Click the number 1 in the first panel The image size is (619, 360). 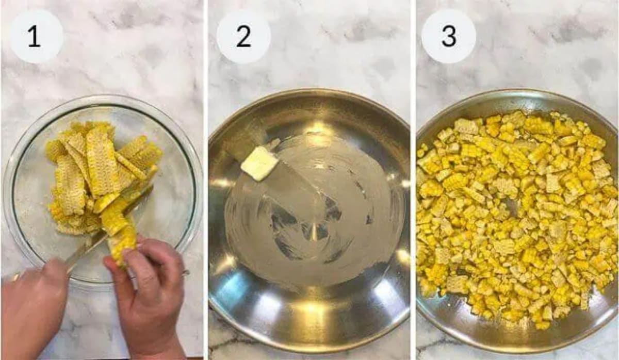tap(34, 37)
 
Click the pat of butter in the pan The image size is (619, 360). tap(259, 163)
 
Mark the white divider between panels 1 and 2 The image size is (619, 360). tap(206, 181)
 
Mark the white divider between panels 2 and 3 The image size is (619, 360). tap(414, 181)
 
